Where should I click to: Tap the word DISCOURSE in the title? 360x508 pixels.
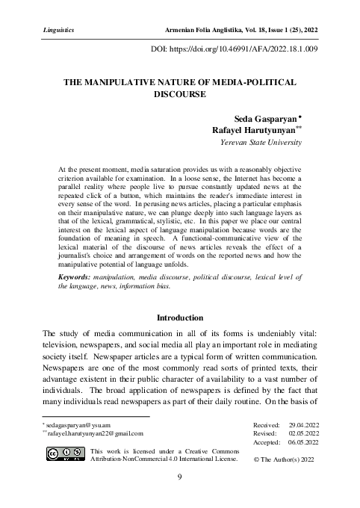point(180,95)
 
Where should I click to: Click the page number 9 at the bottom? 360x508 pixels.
point(179,477)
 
